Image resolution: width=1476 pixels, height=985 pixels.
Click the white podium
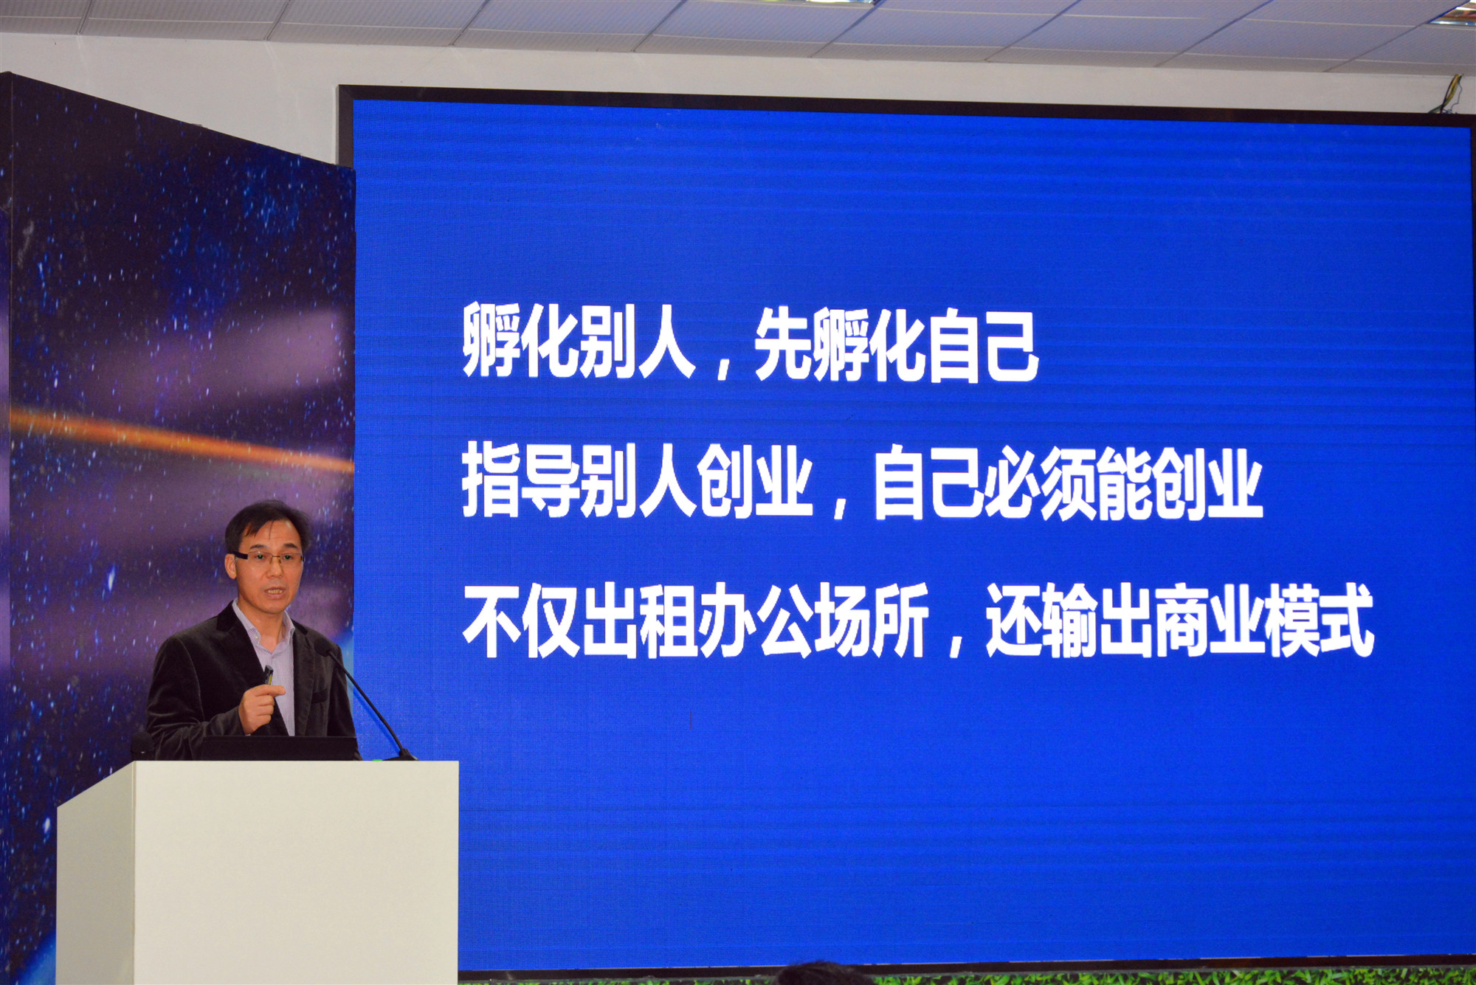[258, 873]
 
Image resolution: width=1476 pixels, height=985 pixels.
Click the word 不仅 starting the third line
[520, 621]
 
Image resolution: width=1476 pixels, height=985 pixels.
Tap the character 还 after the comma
[1014, 621]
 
